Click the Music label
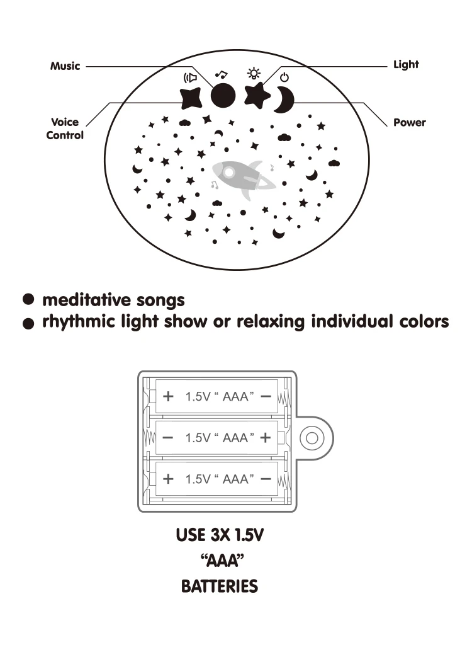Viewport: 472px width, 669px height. (x=65, y=66)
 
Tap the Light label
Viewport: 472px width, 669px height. (x=406, y=64)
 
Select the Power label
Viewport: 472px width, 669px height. (x=410, y=122)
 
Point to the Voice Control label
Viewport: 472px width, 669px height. (x=65, y=129)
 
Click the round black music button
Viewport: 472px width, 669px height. (x=223, y=96)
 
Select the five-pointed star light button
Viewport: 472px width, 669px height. (x=256, y=96)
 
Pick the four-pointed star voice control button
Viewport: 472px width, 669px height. (x=190, y=98)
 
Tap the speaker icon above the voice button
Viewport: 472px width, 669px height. (x=189, y=78)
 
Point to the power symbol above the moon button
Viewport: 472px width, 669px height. (x=284, y=77)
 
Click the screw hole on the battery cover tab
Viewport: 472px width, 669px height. (x=312, y=437)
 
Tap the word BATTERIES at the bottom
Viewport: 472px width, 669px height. (x=220, y=586)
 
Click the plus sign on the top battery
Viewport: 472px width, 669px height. (x=168, y=396)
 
